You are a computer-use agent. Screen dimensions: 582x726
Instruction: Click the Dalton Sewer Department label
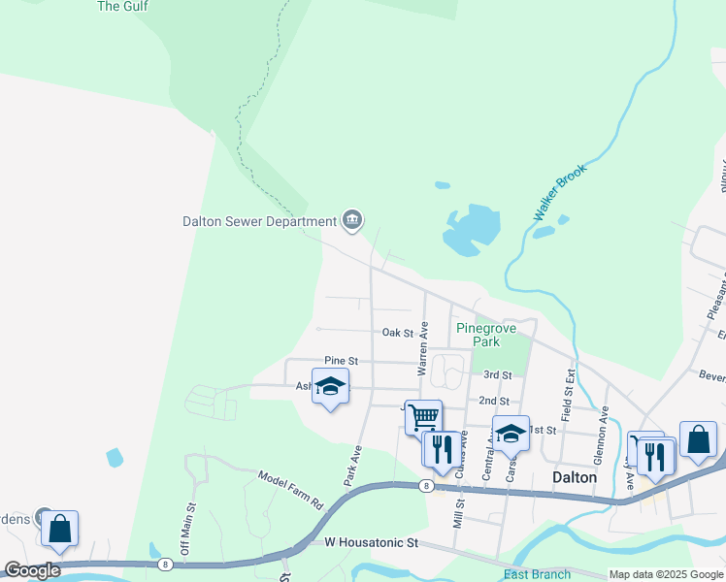pyautogui.click(x=258, y=221)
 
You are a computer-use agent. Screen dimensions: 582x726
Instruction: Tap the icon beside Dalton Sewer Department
pyautogui.click(x=352, y=221)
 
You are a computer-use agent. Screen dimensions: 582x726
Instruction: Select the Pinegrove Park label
pyautogui.click(x=478, y=335)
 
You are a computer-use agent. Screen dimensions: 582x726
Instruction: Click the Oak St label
pyautogui.click(x=398, y=333)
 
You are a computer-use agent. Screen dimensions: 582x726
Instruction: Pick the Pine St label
pyautogui.click(x=342, y=361)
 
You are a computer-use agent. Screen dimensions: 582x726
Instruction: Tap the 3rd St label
pyautogui.click(x=497, y=374)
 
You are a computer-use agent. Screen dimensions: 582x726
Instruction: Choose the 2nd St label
pyautogui.click(x=494, y=401)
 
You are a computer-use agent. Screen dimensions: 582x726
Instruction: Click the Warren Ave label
pyautogui.click(x=422, y=350)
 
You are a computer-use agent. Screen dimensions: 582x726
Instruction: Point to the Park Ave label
pyautogui.click(x=352, y=466)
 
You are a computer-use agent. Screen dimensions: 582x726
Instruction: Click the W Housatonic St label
pyautogui.click(x=371, y=543)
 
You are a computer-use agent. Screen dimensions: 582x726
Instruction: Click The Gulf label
pyautogui.click(x=122, y=7)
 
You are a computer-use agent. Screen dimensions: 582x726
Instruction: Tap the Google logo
pyautogui.click(x=33, y=570)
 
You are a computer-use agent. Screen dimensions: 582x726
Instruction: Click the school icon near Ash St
pyautogui.click(x=330, y=387)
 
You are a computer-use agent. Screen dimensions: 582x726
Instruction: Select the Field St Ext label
pyautogui.click(x=570, y=388)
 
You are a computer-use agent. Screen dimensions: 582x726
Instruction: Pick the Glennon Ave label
pyautogui.click(x=603, y=424)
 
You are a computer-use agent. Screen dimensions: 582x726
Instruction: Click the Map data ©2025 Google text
pyautogui.click(x=666, y=574)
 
